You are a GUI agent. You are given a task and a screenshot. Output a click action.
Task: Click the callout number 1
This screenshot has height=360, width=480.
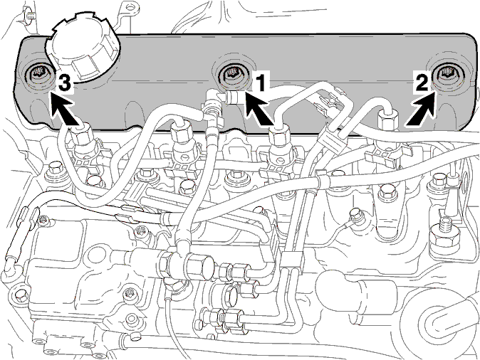point(260,82)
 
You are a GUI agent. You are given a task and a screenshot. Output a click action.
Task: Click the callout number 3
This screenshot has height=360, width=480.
point(65,84)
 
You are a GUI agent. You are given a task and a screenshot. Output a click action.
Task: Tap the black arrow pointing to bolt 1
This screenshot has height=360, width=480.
point(259,109)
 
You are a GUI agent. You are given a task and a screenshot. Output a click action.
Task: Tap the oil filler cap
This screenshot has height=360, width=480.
point(83,51)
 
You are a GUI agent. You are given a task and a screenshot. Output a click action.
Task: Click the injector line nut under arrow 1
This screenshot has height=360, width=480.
point(279,135)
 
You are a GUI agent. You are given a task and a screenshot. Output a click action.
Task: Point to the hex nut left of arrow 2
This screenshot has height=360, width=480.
point(387,120)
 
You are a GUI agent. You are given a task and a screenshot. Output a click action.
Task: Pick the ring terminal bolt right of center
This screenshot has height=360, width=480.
point(355,215)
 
